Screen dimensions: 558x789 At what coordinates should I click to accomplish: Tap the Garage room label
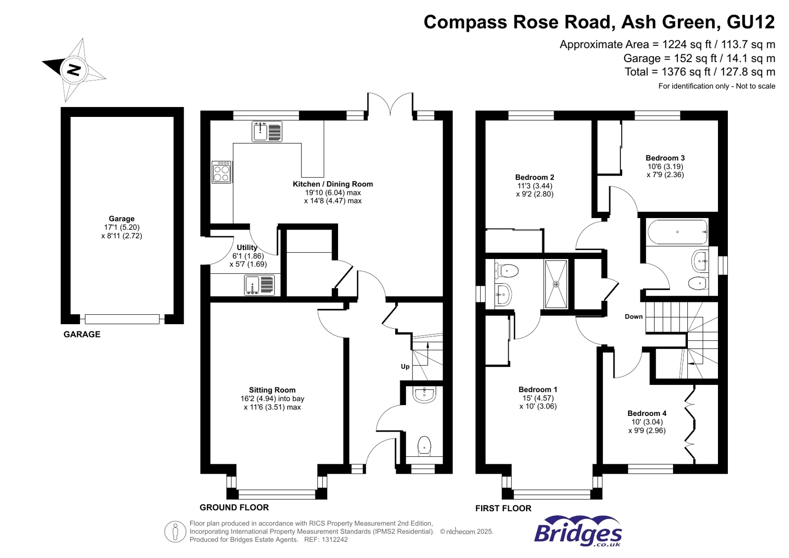pyautogui.click(x=121, y=219)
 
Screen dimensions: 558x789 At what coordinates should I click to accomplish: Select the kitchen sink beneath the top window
pyautogui.click(x=267, y=132)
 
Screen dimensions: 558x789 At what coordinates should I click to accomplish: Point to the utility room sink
pyautogui.click(x=260, y=285)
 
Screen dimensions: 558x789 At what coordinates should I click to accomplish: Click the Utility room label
pyautogui.click(x=247, y=248)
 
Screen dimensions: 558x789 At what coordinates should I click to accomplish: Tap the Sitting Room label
pyautogui.click(x=272, y=390)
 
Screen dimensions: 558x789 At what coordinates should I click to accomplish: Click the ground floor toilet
pyautogui.click(x=424, y=446)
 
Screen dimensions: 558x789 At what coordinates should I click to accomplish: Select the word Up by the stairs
pyautogui.click(x=405, y=367)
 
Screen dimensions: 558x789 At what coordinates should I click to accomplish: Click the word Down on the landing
pyautogui.click(x=634, y=317)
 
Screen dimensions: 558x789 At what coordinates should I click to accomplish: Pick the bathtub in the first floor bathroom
pyautogui.click(x=677, y=232)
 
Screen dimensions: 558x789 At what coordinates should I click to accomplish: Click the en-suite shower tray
pyautogui.click(x=556, y=284)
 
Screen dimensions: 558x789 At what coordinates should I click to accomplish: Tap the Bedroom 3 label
pyautogui.click(x=665, y=158)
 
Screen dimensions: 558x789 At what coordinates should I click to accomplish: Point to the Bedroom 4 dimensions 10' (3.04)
pyautogui.click(x=647, y=422)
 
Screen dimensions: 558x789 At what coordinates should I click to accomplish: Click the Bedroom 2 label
pyautogui.click(x=534, y=177)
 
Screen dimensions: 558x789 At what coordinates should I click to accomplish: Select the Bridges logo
pyautogui.click(x=578, y=531)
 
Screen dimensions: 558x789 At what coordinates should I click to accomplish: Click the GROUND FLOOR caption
pyautogui.click(x=234, y=507)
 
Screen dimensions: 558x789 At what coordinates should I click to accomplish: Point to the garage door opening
pyautogui.click(x=122, y=319)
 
